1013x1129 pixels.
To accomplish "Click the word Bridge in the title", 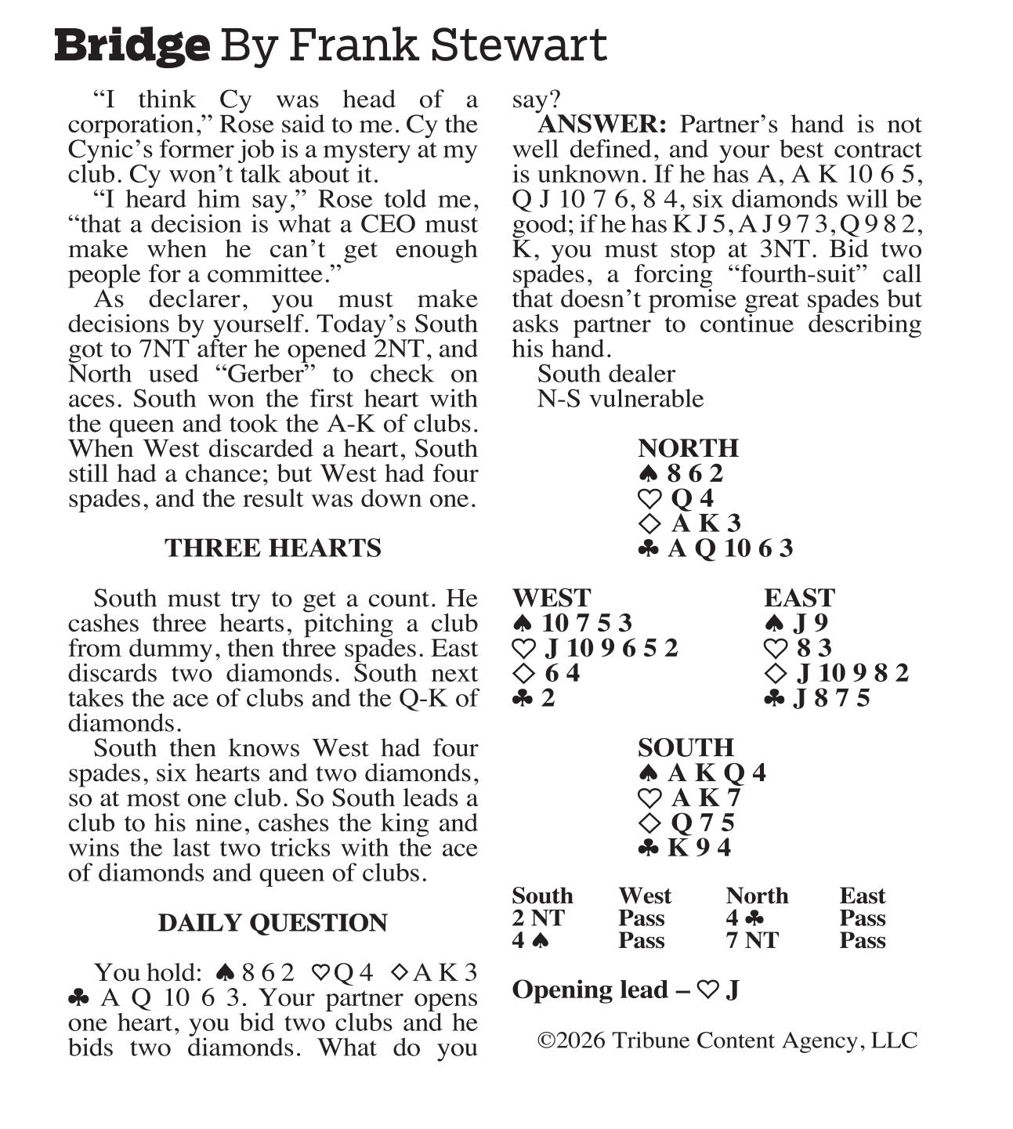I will tap(132, 45).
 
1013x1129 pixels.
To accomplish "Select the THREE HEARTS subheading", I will tap(273, 548).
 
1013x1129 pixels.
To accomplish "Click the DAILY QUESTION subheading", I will tap(273, 922).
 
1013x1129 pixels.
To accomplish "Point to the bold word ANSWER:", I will tap(602, 125).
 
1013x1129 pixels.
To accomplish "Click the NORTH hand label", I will tap(688, 447).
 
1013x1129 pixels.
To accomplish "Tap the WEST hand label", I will tap(551, 598).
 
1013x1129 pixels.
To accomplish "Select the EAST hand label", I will tap(799, 598).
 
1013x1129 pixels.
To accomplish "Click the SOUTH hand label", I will tap(686, 747).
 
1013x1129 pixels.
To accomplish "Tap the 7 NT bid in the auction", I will tap(752, 940).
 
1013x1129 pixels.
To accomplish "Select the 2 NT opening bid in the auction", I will tap(537, 918).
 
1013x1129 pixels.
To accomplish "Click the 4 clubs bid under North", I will tap(744, 918).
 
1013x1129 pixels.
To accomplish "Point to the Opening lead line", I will tap(625, 990).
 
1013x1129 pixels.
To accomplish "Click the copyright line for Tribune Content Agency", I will tap(727, 1040).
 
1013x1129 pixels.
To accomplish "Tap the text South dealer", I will tap(606, 374).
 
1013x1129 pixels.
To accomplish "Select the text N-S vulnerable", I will tap(620, 399).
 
